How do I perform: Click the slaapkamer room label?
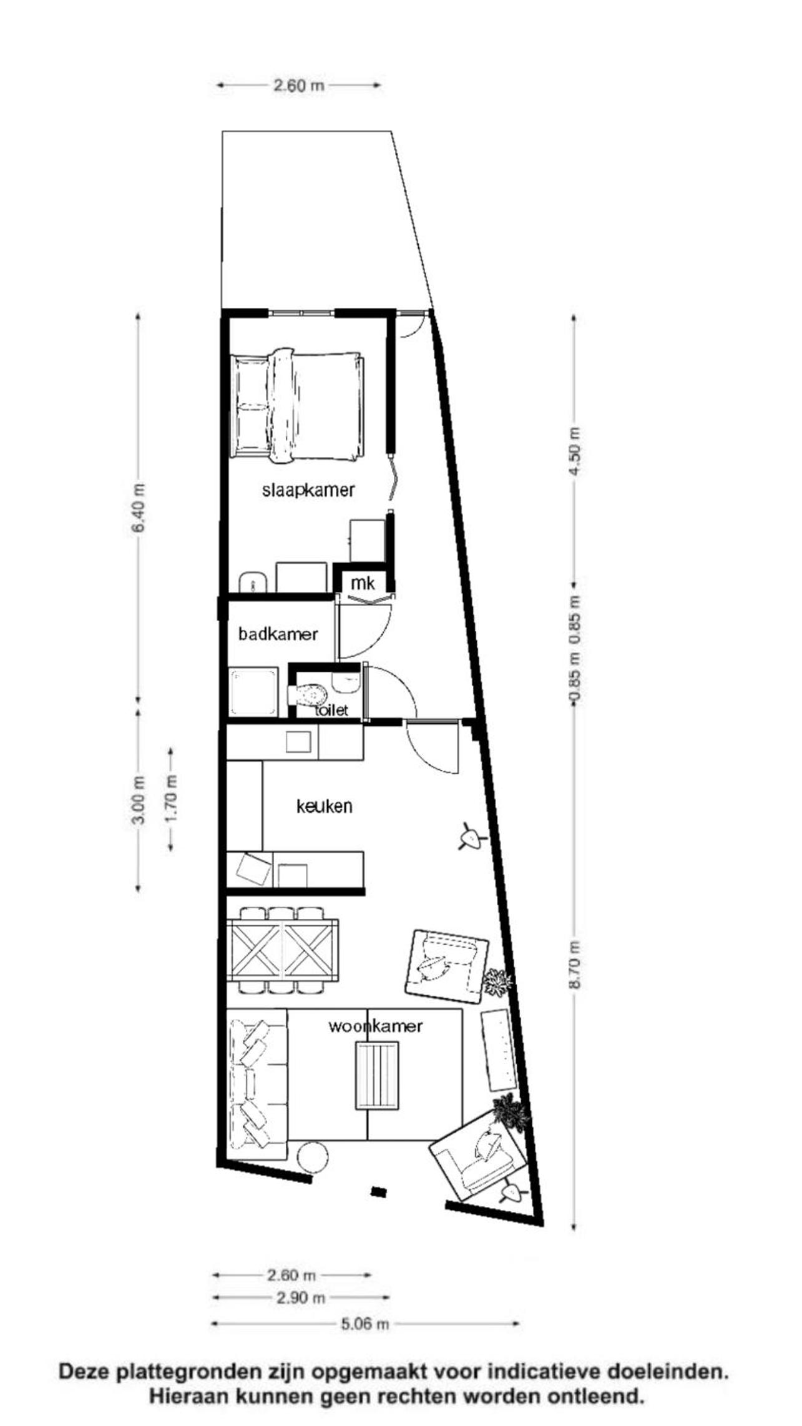click(308, 489)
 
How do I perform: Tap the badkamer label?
click(278, 634)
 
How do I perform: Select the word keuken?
click(324, 806)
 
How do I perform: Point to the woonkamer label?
click(376, 1026)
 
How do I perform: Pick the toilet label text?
click(331, 711)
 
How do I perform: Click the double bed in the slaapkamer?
click(297, 406)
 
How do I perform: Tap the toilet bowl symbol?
click(308, 694)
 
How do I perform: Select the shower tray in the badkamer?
click(253, 692)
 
